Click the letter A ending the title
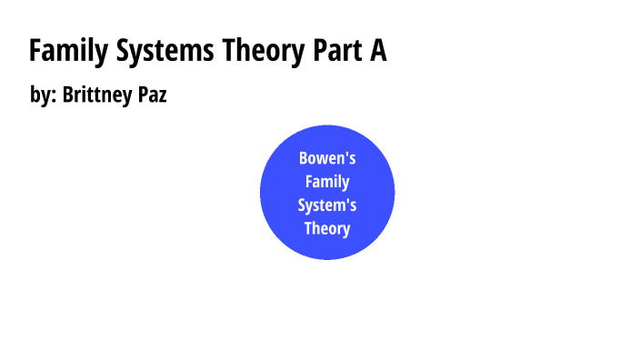(377, 52)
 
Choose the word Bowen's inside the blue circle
(327, 158)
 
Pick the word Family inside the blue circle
(327, 181)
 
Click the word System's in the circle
(327, 205)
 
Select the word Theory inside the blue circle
(327, 228)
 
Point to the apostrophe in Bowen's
(345, 154)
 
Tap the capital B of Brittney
(68, 95)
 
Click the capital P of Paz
(144, 95)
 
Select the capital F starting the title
(35, 52)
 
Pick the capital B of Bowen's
(304, 158)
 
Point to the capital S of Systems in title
(123, 52)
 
